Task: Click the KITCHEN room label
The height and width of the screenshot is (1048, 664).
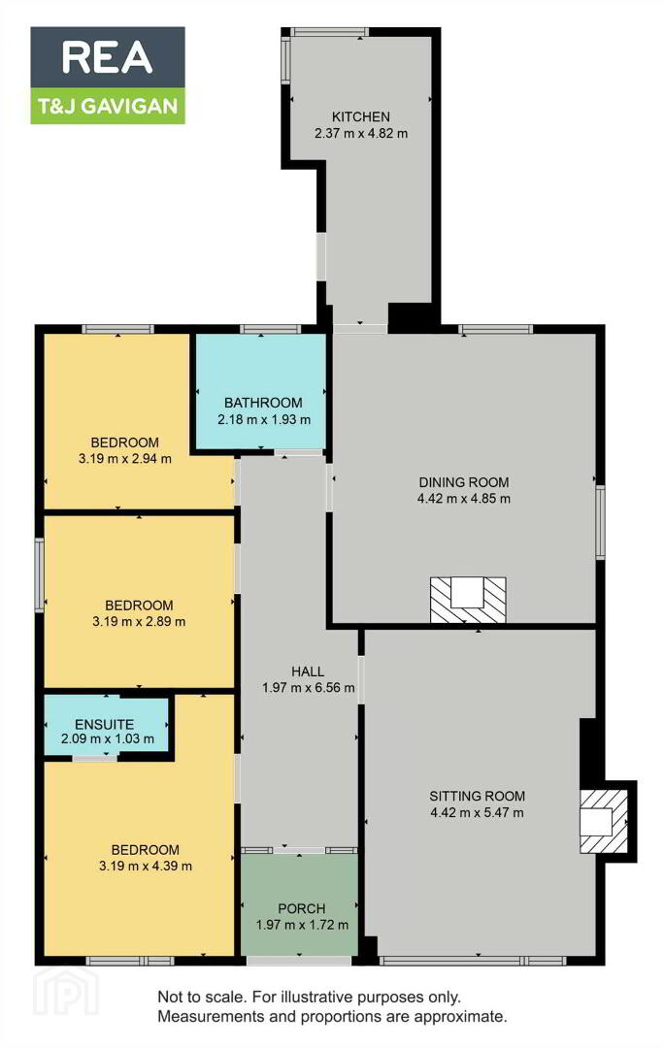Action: click(x=360, y=116)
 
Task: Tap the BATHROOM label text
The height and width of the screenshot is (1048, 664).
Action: click(x=263, y=403)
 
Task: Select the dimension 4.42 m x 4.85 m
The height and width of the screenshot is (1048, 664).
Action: click(x=463, y=499)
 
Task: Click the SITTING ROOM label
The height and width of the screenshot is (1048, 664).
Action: click(x=477, y=796)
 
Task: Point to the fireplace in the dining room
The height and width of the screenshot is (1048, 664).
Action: click(x=467, y=601)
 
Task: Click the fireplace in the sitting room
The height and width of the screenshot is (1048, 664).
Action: click(x=604, y=821)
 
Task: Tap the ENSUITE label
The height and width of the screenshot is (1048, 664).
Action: click(x=104, y=725)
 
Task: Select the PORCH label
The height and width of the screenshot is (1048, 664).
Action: click(x=302, y=909)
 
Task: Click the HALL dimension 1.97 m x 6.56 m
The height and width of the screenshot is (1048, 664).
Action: click(x=309, y=688)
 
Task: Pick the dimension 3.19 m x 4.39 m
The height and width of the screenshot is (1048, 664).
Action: click(x=145, y=867)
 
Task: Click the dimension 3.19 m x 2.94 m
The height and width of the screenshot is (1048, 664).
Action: click(x=125, y=459)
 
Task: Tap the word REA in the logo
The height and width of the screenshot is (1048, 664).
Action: click(x=107, y=57)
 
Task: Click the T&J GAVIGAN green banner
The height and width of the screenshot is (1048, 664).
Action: click(x=108, y=106)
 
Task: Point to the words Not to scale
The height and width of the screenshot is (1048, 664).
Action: click(x=202, y=998)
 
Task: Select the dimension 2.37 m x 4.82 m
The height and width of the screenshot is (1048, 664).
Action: click(x=361, y=133)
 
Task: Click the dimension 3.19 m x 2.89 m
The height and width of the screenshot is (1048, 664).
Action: click(x=139, y=622)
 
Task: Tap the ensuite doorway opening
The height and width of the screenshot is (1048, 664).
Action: click(x=94, y=758)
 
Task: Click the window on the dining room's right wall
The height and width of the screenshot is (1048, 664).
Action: click(x=601, y=522)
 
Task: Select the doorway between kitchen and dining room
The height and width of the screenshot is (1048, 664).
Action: click(x=360, y=328)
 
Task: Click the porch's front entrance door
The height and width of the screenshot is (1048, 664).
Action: click(x=299, y=961)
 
